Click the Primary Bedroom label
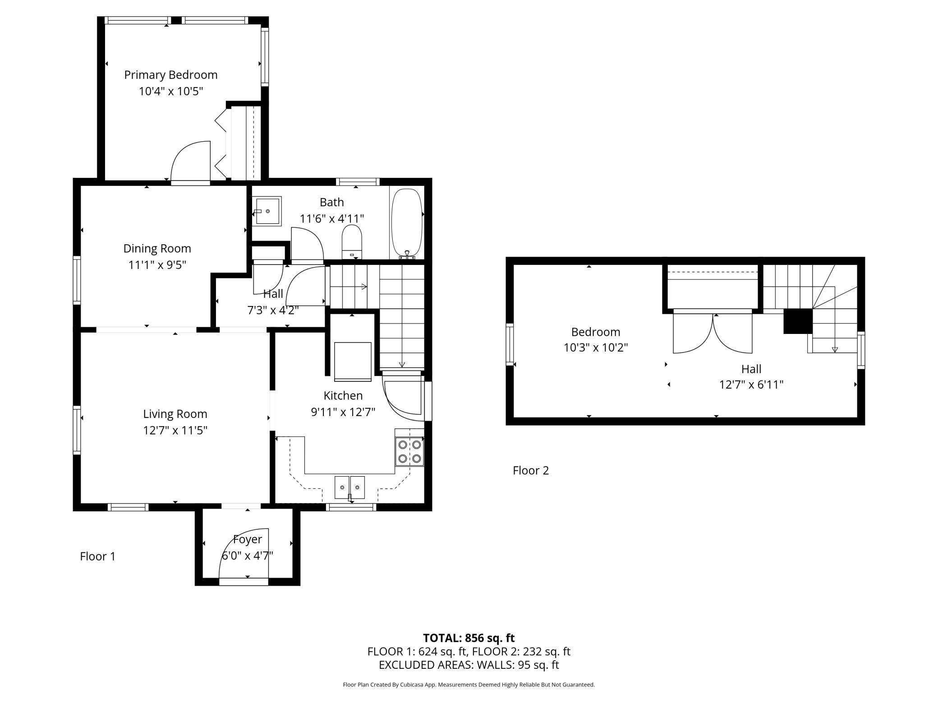tap(171, 75)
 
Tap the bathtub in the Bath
tap(407, 224)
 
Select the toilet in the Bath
tap(352, 242)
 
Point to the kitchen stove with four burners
tap(409, 451)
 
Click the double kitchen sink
tap(350, 487)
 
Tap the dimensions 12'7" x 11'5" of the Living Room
tap(175, 430)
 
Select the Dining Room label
tap(157, 248)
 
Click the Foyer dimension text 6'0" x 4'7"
tap(248, 555)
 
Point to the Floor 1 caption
tap(98, 556)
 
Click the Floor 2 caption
tap(531, 471)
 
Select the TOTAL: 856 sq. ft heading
tap(469, 638)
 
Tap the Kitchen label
tap(343, 395)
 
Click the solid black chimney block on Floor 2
tap(798, 321)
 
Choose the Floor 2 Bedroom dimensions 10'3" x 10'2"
tap(596, 348)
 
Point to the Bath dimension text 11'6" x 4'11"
tap(332, 219)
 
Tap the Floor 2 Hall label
tap(751, 369)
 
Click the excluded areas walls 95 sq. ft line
tap(469, 665)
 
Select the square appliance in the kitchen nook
tap(353, 361)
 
